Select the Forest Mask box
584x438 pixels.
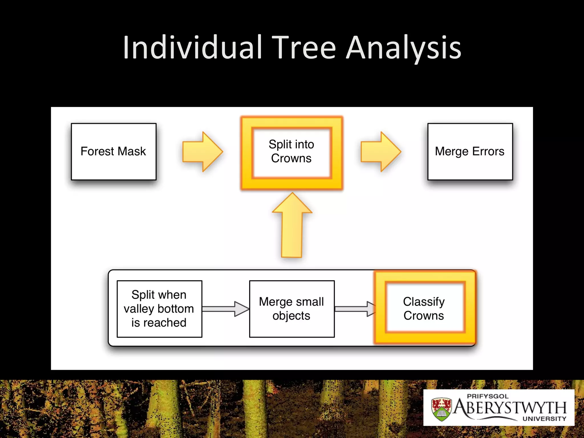[113, 151]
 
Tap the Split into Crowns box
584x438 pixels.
[291, 151]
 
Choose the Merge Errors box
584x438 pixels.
[470, 151]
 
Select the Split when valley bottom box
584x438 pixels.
[159, 309]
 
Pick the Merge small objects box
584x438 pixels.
[291, 309]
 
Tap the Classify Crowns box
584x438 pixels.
[424, 309]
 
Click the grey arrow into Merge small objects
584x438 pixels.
[225, 309]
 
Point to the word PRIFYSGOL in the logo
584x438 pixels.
[488, 396]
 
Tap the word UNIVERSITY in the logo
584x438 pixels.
[544, 419]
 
